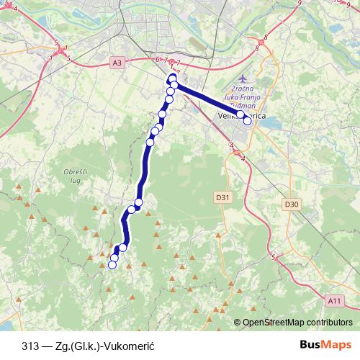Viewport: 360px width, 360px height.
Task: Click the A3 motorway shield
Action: tap(117, 63)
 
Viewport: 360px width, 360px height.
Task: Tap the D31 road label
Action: tap(222, 196)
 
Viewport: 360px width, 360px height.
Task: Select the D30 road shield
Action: tap(291, 204)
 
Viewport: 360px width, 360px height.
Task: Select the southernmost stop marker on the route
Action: tap(112, 265)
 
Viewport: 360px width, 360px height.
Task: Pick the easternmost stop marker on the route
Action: tap(247, 120)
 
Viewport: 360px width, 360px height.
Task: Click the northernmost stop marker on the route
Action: tap(172, 78)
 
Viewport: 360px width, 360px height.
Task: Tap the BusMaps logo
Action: tap(325, 344)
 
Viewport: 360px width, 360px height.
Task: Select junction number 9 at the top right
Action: tap(298, 3)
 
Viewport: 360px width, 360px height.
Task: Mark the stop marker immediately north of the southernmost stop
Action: tap(114, 258)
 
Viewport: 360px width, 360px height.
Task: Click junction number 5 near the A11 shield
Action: tap(273, 257)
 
